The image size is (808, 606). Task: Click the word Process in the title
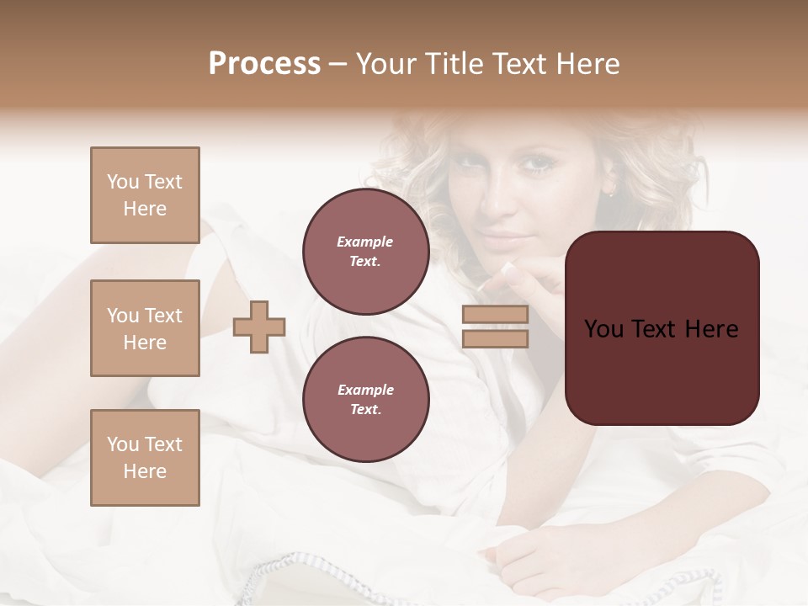tap(264, 64)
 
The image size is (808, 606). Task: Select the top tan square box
tap(145, 196)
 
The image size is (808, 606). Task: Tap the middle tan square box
tap(145, 328)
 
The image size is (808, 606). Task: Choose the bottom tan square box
tap(145, 458)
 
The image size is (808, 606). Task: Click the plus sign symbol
tap(259, 327)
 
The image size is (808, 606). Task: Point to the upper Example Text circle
tap(365, 252)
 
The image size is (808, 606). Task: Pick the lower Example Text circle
tap(365, 400)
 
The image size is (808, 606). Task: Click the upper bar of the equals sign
tap(495, 315)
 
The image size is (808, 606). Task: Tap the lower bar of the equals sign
tap(495, 339)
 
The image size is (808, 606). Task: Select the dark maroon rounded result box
tap(662, 328)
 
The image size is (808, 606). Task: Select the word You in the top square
tap(123, 182)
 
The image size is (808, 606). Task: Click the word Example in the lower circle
tap(365, 390)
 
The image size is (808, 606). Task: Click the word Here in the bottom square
tap(145, 471)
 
